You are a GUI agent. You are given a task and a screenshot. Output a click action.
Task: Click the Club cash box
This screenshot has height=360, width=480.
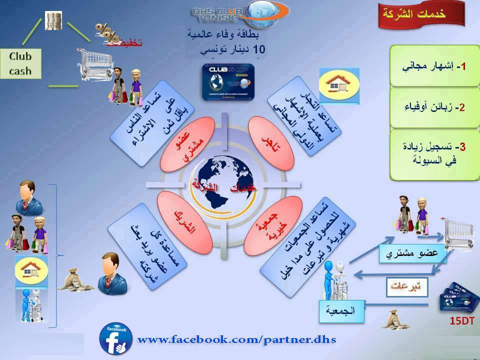coord(20,64)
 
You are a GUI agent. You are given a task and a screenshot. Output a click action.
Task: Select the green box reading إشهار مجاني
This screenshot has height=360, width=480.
coord(434,66)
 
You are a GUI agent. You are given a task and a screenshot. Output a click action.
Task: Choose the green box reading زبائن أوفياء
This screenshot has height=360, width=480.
coord(434,107)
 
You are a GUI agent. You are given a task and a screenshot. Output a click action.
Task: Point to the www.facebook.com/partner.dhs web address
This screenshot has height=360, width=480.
coord(236,340)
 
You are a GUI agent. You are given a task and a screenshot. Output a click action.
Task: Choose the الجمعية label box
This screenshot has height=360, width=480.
coord(342,310)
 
